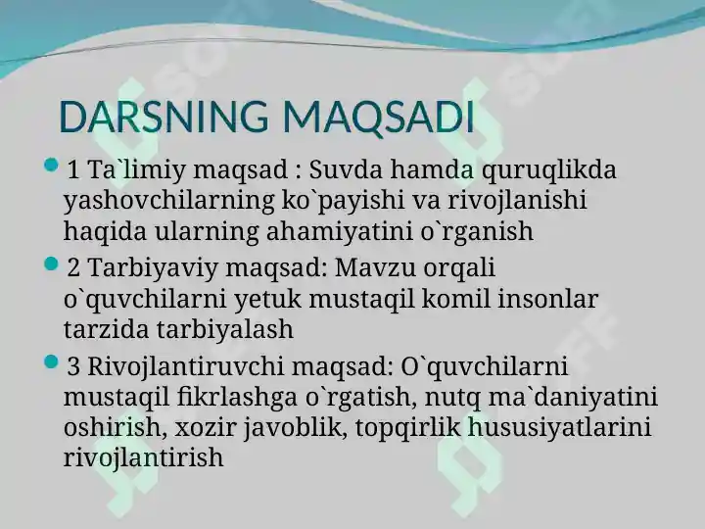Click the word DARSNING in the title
tap(164, 118)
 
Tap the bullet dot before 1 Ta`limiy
tap(52, 165)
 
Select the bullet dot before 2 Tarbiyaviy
tap(52, 263)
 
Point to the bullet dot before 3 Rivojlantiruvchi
tap(52, 361)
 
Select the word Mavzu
tap(375, 268)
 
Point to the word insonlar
tap(547, 299)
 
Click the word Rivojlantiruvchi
tap(186, 367)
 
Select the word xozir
tap(206, 427)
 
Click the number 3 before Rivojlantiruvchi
tap(73, 367)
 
